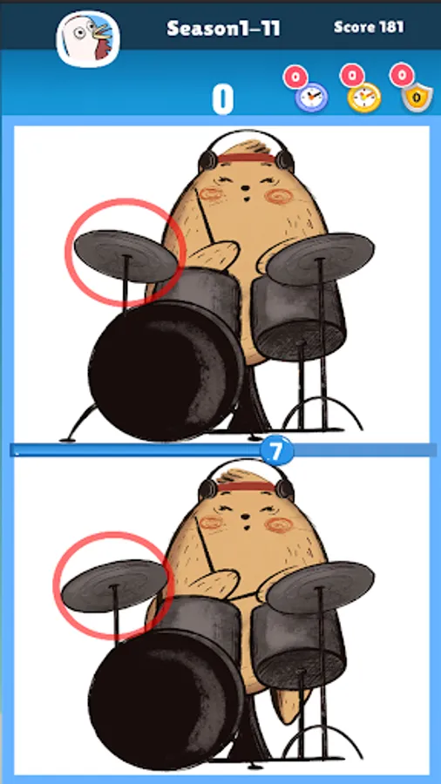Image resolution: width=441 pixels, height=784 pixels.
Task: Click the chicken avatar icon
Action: [88, 38]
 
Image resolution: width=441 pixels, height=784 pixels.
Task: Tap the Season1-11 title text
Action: [223, 28]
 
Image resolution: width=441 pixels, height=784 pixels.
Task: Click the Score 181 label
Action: [369, 26]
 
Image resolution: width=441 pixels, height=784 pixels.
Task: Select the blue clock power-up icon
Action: [311, 97]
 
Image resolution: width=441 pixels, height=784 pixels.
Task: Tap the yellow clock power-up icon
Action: [364, 97]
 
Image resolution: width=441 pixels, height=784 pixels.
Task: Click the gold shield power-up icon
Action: [417, 97]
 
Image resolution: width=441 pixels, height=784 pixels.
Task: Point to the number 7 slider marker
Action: [275, 450]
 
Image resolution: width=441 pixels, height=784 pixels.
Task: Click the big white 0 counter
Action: [222, 99]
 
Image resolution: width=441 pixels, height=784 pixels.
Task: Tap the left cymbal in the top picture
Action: [126, 255]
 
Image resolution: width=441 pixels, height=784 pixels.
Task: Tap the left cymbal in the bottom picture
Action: [114, 585]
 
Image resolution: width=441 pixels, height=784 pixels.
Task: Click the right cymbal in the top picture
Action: [320, 258]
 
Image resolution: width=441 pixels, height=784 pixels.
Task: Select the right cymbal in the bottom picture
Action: [320, 587]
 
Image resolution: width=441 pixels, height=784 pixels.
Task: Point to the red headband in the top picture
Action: [246, 159]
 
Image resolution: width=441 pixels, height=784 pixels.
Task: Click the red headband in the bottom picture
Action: [246, 487]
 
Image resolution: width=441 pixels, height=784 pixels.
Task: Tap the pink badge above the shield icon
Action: [402, 76]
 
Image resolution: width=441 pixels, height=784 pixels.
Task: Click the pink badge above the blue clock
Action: [295, 78]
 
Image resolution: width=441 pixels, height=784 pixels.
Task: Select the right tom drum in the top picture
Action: [298, 319]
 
